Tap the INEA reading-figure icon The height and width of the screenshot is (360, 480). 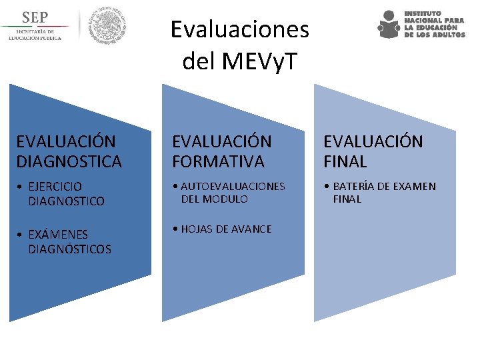click(389, 25)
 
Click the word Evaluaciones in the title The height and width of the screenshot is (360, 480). click(240, 29)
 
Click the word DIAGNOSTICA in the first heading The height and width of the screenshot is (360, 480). click(69, 161)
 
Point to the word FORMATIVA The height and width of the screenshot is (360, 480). click(218, 161)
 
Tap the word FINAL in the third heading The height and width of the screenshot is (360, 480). click(345, 161)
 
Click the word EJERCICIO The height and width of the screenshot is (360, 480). click(55, 187)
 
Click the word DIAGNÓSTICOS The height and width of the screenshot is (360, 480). click(69, 249)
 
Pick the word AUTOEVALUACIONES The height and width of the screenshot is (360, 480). click(233, 187)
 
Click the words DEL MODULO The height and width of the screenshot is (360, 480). click(214, 199)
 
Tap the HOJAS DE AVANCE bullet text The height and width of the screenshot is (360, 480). click(226, 229)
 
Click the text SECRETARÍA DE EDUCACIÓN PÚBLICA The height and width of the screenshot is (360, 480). click(35, 35)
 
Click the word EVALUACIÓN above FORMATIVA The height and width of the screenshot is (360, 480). click(222, 141)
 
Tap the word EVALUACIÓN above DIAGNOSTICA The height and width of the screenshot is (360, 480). click(65, 141)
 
